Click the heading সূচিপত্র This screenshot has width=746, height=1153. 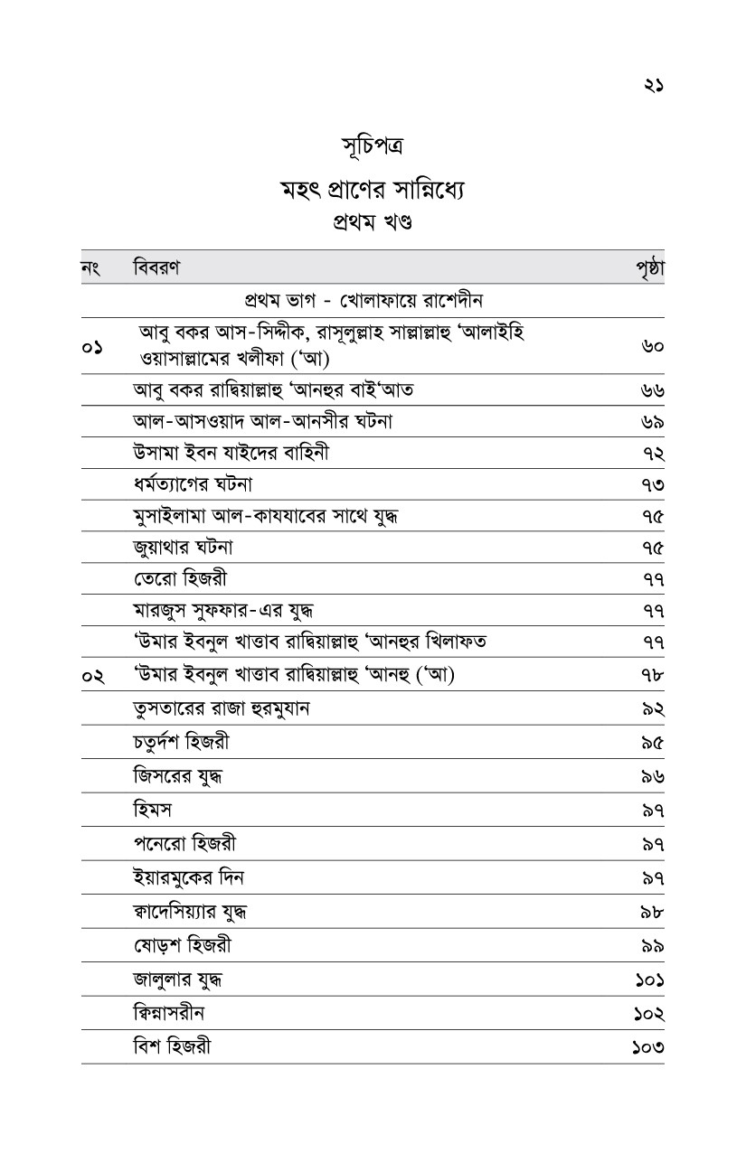[373, 147]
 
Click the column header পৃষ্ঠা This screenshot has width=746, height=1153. [650, 267]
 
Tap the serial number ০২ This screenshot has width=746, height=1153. [91, 676]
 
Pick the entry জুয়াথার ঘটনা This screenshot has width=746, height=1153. [184, 548]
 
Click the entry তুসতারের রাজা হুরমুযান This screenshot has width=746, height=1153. [222, 708]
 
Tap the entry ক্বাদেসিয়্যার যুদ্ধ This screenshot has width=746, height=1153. [190, 911]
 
